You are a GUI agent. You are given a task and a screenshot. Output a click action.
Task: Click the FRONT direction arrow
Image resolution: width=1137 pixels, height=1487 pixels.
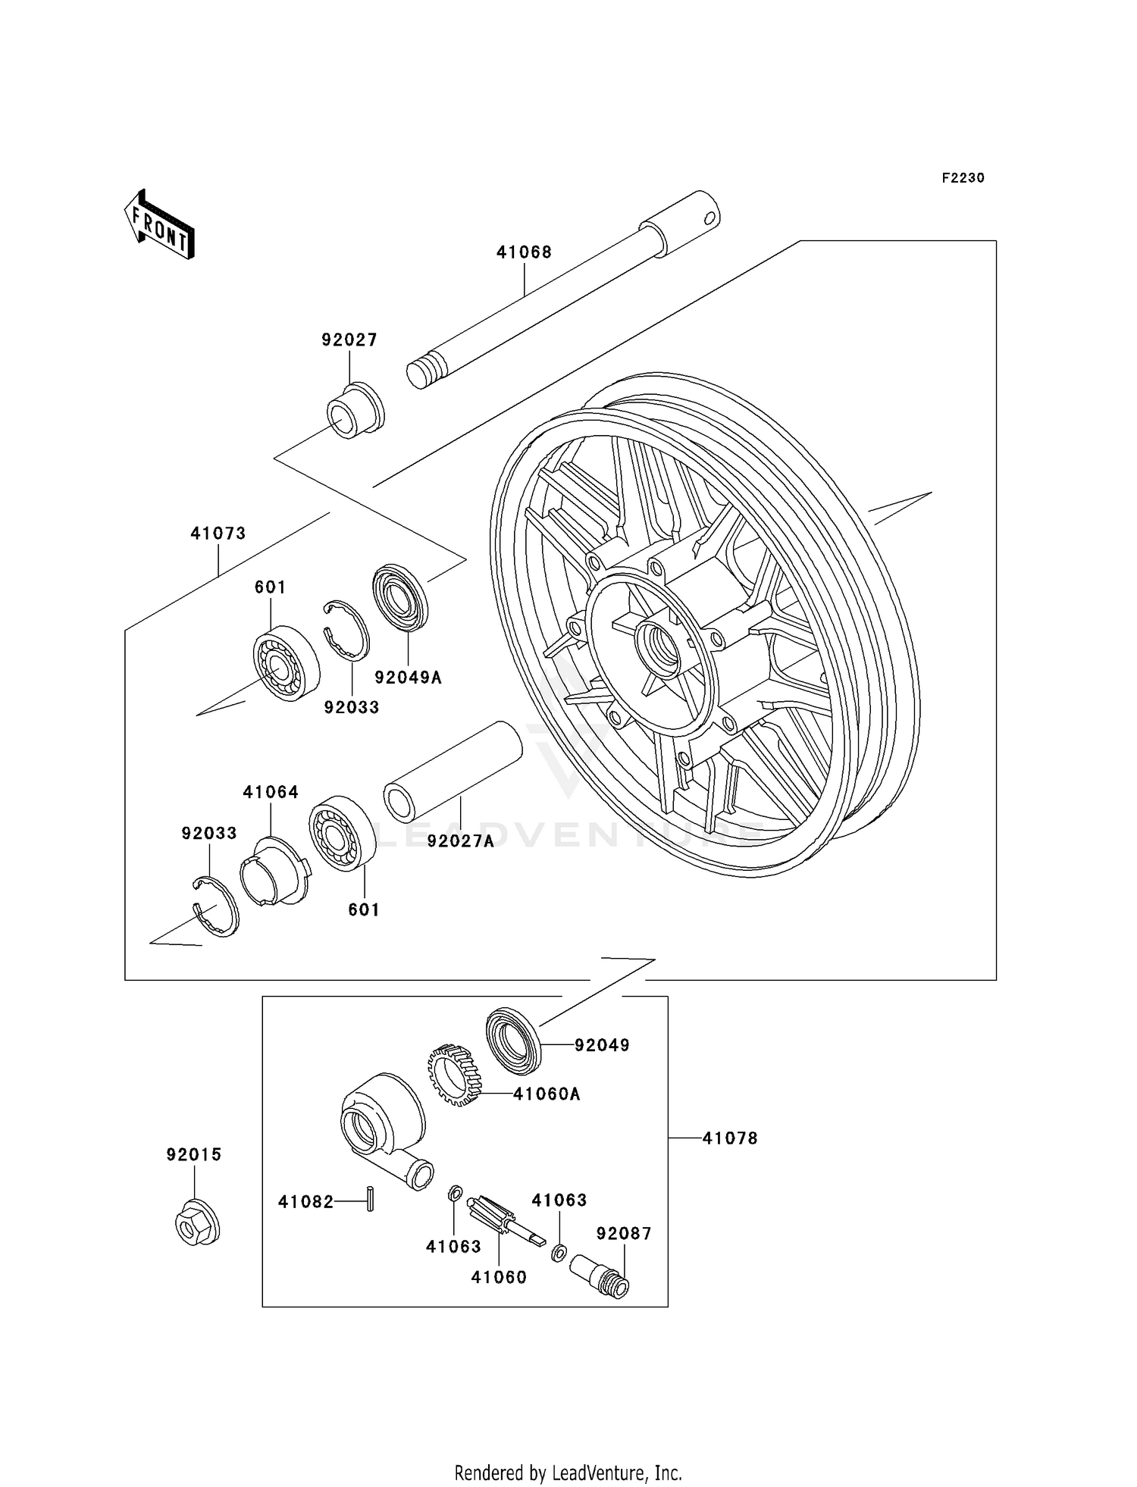click(160, 226)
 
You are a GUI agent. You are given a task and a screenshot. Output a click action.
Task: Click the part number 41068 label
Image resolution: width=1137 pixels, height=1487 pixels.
click(524, 252)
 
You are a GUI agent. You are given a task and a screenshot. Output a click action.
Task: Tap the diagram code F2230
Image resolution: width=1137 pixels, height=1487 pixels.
click(963, 178)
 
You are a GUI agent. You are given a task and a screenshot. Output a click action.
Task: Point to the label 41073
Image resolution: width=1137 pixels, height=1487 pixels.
click(218, 534)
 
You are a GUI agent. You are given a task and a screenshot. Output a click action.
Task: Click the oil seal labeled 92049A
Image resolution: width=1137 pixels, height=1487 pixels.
click(401, 596)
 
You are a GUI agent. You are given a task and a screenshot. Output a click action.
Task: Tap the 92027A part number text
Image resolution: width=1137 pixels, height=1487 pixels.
click(460, 841)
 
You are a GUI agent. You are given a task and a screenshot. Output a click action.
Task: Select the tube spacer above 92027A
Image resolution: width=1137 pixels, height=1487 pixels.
click(453, 772)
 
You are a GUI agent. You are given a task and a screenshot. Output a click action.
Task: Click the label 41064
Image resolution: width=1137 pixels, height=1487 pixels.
click(271, 792)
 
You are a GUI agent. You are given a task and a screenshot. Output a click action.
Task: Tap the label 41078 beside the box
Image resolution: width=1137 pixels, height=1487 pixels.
click(729, 1138)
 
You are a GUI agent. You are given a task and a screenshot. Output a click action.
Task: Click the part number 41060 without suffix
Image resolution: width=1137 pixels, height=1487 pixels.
click(498, 1277)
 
